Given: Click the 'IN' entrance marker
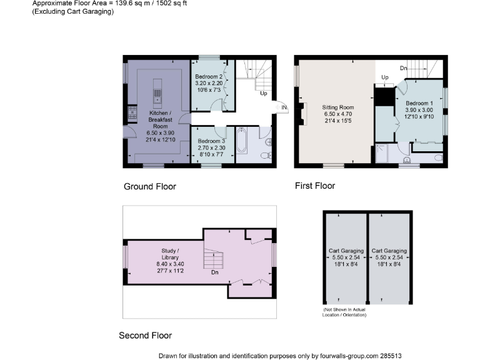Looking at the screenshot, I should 284,108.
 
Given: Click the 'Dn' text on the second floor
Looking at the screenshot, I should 214,273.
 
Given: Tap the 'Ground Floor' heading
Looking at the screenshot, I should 149,186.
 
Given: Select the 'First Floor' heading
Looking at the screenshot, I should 315,186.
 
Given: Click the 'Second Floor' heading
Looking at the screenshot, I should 145,336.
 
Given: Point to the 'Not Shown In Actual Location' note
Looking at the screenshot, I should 344,312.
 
